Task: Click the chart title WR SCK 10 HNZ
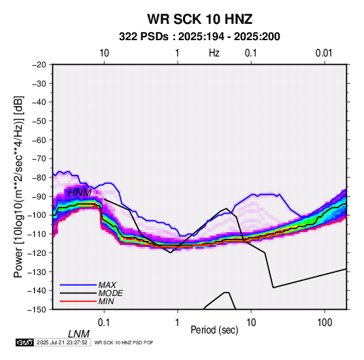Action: coord(199,19)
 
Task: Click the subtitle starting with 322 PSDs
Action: coord(199,37)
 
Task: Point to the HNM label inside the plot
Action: coord(80,193)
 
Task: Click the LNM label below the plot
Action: coord(78,334)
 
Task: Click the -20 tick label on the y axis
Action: coord(39,65)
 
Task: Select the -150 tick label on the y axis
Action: coord(37,310)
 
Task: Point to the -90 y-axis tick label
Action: coord(39,197)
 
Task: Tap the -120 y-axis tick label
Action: coord(37,252)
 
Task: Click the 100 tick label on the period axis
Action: coord(325,323)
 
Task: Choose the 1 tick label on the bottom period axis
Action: coord(178,323)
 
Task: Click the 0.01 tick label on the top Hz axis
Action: coord(324,53)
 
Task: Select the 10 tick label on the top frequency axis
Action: coord(104,53)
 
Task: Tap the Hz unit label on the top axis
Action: coord(214,53)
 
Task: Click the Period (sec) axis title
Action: coord(214,330)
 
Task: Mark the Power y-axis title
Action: coord(18,186)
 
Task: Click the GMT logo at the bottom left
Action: coord(24,342)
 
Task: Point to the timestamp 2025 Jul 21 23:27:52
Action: coord(62,342)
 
